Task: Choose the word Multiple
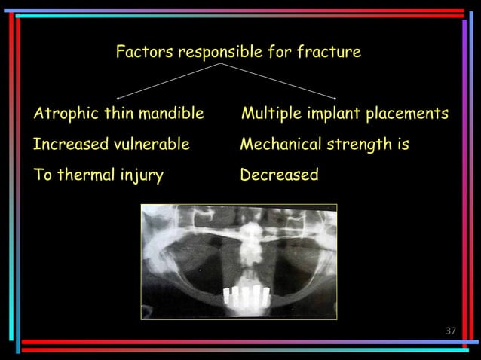coord(269,114)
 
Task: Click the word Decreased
coord(279,175)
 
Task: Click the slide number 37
coord(452,331)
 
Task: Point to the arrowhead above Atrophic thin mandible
coord(118,97)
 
